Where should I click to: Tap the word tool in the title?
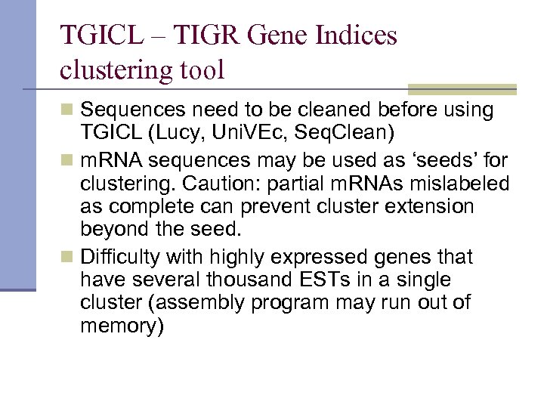click(201, 70)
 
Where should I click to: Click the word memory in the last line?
click(120, 327)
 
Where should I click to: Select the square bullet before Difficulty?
click(67, 258)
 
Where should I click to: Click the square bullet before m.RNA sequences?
click(67, 161)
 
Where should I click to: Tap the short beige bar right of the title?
click(462, 89)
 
